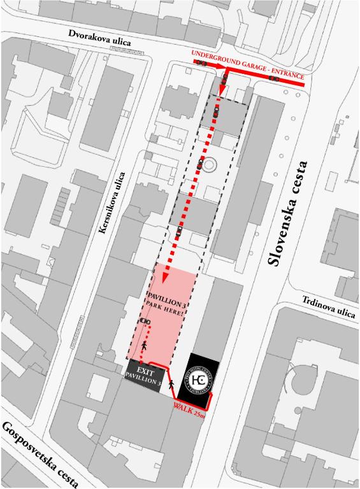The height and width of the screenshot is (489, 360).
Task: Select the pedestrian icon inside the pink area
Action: click(x=145, y=346)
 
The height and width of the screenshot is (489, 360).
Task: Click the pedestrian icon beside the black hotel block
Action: click(x=171, y=385)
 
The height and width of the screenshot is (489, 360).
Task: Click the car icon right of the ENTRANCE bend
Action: click(x=274, y=78)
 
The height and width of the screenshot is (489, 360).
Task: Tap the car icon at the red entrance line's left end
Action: click(x=201, y=64)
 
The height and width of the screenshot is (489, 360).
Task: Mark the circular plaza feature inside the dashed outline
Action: click(x=210, y=165)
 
